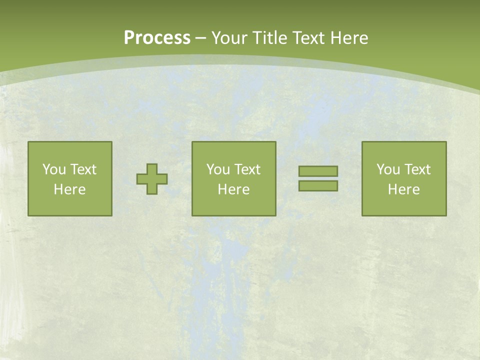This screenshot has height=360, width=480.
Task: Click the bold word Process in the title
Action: [157, 38]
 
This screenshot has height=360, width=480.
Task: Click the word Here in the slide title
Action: [349, 38]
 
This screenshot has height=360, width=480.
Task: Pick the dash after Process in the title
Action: [201, 38]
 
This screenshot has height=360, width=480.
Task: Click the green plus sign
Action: [152, 179]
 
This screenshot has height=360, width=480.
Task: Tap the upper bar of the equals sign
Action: [318, 171]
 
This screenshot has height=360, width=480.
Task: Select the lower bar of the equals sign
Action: [318, 185]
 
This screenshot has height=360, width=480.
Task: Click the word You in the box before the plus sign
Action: [53, 169]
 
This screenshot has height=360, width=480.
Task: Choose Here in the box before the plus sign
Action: [69, 189]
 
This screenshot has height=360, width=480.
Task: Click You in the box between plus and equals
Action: [217, 169]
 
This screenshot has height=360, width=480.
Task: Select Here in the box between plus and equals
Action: [233, 189]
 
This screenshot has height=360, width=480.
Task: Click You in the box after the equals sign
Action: [387, 169]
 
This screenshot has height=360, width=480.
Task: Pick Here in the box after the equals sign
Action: [403, 189]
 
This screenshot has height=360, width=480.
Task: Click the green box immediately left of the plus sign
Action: [69, 205]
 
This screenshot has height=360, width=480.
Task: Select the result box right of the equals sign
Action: [403, 205]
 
